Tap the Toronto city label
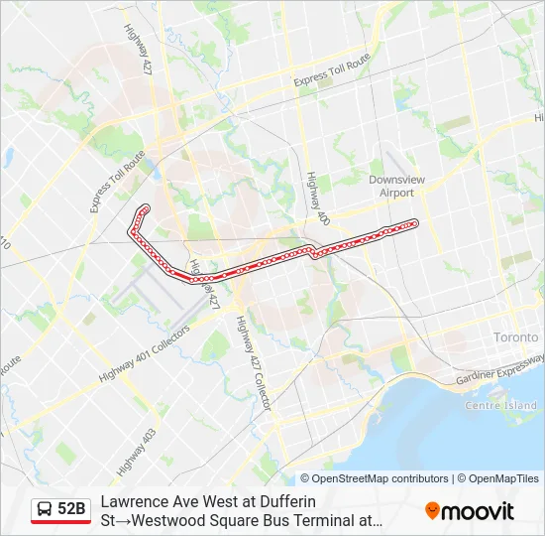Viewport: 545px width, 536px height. point(517,337)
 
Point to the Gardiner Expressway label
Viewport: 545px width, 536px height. point(499,372)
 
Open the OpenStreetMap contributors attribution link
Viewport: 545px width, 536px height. point(374,478)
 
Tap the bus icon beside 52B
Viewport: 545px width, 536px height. point(45,510)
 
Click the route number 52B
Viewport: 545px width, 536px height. point(71,510)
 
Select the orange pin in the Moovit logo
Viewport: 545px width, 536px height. point(432,511)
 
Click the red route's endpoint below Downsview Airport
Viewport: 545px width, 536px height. point(414,223)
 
